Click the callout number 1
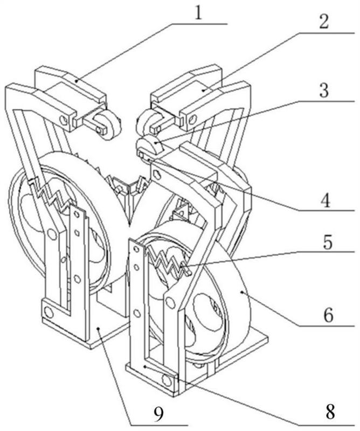(198, 12)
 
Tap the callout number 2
(324, 22)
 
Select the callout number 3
(324, 90)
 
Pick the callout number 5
(327, 242)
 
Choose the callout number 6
(328, 315)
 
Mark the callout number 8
(329, 412)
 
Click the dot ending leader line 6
(241, 293)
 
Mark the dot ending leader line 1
(77, 80)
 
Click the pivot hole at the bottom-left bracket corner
(49, 312)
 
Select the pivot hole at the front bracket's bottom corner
(167, 380)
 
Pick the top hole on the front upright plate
(136, 249)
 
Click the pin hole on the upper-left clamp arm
(64, 120)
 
